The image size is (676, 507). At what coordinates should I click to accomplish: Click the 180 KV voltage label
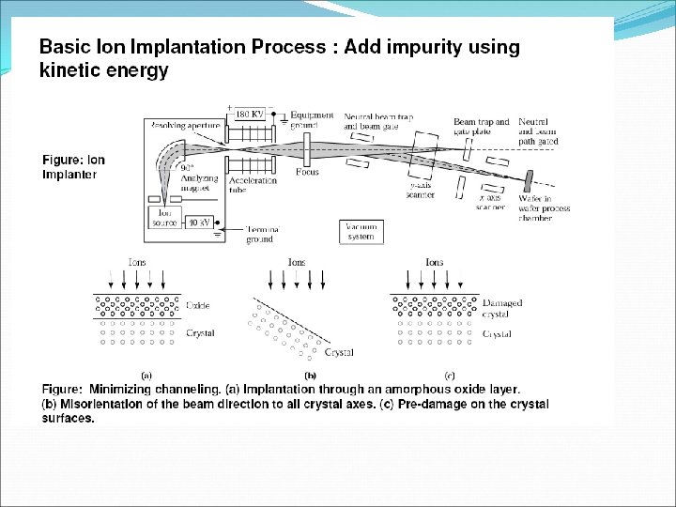coord(249,114)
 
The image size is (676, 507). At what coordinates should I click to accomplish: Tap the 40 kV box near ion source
coord(199,223)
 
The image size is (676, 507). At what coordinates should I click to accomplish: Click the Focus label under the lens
coord(307,172)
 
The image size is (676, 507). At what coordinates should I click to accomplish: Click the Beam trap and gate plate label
coord(481,127)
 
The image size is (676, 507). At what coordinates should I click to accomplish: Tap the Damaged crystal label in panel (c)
coord(502,309)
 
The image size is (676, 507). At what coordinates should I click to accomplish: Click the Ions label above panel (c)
coord(435,263)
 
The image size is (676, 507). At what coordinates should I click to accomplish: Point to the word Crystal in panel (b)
coord(338,352)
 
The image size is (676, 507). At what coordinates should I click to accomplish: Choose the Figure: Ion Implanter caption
coord(73,166)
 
